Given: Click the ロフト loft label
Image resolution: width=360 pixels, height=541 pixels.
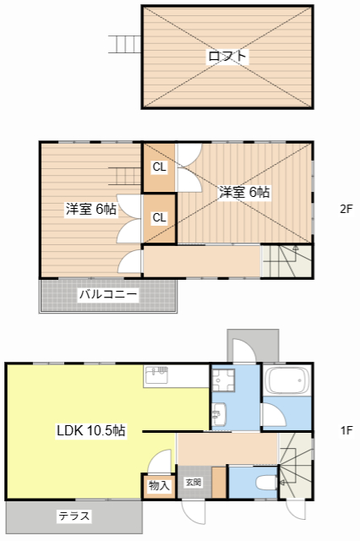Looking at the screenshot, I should pyautogui.click(x=227, y=57).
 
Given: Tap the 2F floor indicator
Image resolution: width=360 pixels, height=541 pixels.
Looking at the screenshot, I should pyautogui.click(x=346, y=209).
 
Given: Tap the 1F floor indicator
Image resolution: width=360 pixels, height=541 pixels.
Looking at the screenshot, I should pyautogui.click(x=346, y=430).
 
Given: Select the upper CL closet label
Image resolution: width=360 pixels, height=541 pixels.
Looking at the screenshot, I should pyautogui.click(x=159, y=167).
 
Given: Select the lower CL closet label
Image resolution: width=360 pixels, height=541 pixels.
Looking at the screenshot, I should pyautogui.click(x=159, y=218).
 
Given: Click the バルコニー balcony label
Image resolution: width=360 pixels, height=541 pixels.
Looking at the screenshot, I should pyautogui.click(x=108, y=295).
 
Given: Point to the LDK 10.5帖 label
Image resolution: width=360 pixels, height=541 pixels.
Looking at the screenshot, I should pyautogui.click(x=91, y=430).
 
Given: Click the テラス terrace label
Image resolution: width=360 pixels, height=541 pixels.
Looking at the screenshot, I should pyautogui.click(x=74, y=515).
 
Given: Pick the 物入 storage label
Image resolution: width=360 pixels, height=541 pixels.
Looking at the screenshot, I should pyautogui.click(x=159, y=485).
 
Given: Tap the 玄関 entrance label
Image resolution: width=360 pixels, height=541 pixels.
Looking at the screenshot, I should pyautogui.click(x=194, y=483).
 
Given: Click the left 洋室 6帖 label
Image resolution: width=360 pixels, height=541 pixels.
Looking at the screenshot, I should pyautogui.click(x=91, y=209).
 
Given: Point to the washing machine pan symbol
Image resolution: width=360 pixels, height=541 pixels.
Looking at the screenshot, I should pyautogui.click(x=224, y=380).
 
